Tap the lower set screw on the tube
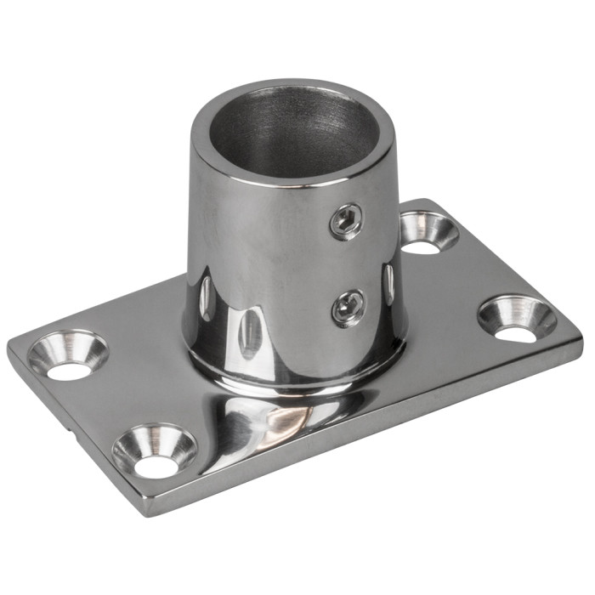point(349,307)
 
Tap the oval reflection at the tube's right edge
point(388,285)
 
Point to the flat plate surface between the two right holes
point(472,272)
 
